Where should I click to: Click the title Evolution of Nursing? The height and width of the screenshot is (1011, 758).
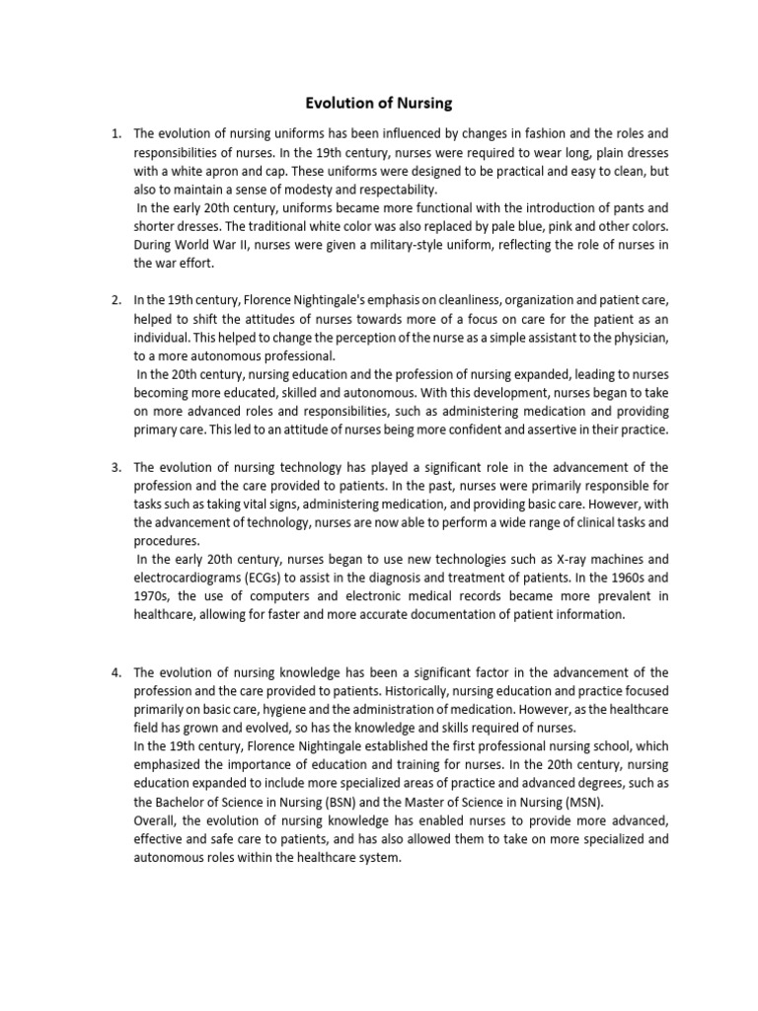tap(378, 102)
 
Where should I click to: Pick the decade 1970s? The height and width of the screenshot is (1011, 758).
tap(154, 596)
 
